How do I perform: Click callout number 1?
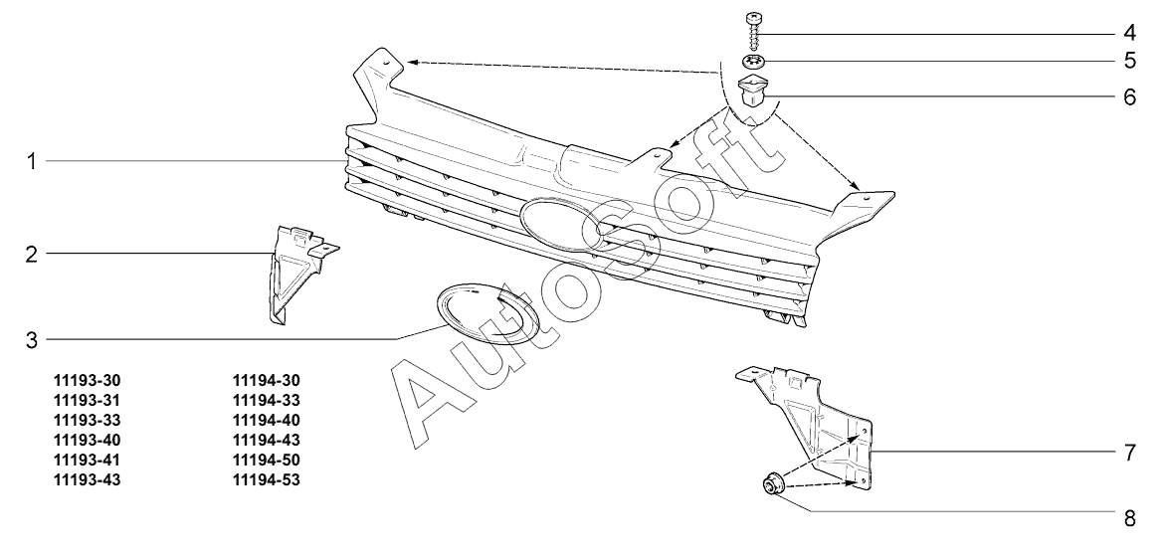[x=32, y=161]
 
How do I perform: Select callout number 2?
[x=32, y=255]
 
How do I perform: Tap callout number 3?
[x=32, y=340]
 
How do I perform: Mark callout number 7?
[x=1130, y=453]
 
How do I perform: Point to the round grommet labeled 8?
[x=773, y=485]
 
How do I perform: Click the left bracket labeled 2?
[x=294, y=269]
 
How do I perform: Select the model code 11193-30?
[x=91, y=381]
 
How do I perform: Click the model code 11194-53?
[x=266, y=480]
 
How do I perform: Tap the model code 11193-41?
[x=91, y=461]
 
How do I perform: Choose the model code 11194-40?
[x=266, y=421]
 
